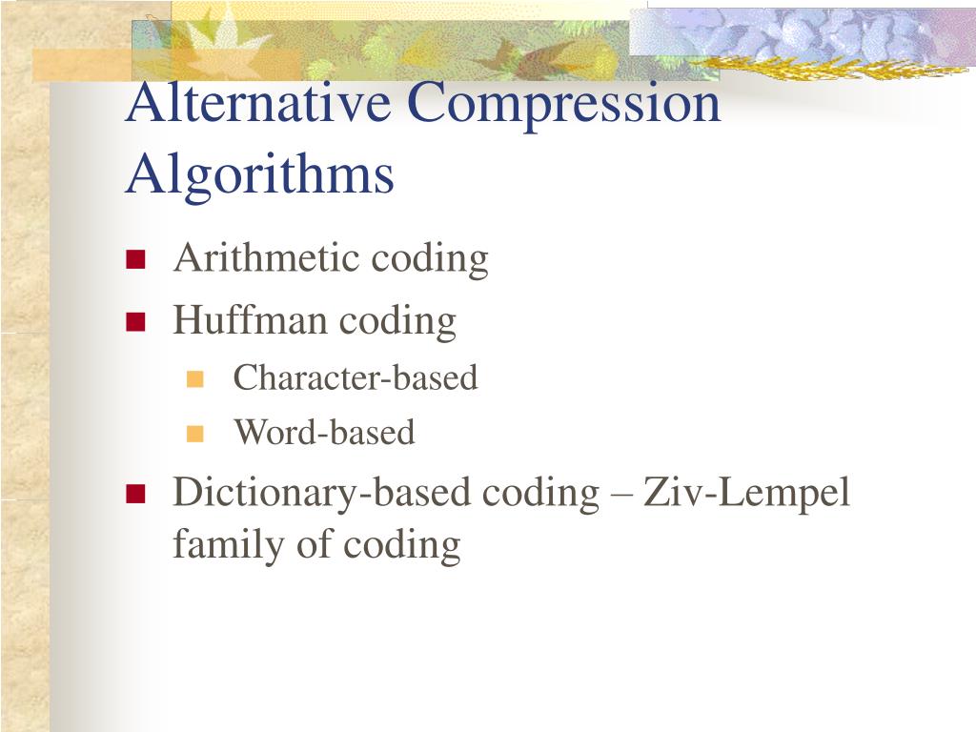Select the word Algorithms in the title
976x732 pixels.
click(x=259, y=175)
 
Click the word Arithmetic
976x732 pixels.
click(x=266, y=258)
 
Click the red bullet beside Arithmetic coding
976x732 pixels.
click(x=134, y=259)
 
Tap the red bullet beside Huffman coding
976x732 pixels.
click(x=134, y=321)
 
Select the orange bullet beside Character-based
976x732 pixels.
click(x=196, y=378)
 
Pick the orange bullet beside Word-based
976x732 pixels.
click(x=196, y=434)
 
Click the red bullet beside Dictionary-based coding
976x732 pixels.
click(x=134, y=493)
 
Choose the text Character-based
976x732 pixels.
click(x=356, y=378)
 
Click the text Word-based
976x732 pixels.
click(x=325, y=434)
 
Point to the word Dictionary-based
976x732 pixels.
click(x=322, y=494)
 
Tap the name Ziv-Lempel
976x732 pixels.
click(x=746, y=494)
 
